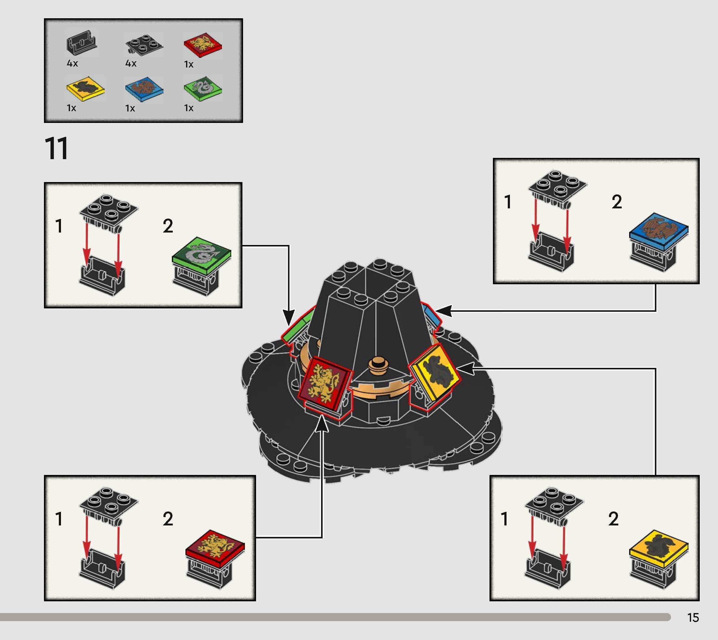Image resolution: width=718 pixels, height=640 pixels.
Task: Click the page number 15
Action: pos(693,618)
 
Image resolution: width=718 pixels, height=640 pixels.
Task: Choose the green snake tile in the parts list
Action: pos(203,88)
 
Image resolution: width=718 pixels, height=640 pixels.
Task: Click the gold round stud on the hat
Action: pos(378,364)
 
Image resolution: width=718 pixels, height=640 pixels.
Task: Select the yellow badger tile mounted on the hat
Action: pos(435,373)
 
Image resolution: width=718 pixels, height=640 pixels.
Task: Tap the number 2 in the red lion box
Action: pos(168,519)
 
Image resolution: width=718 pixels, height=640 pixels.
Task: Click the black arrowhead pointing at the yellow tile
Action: pos(464,368)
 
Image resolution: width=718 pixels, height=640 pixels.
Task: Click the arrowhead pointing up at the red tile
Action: pos(321,424)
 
